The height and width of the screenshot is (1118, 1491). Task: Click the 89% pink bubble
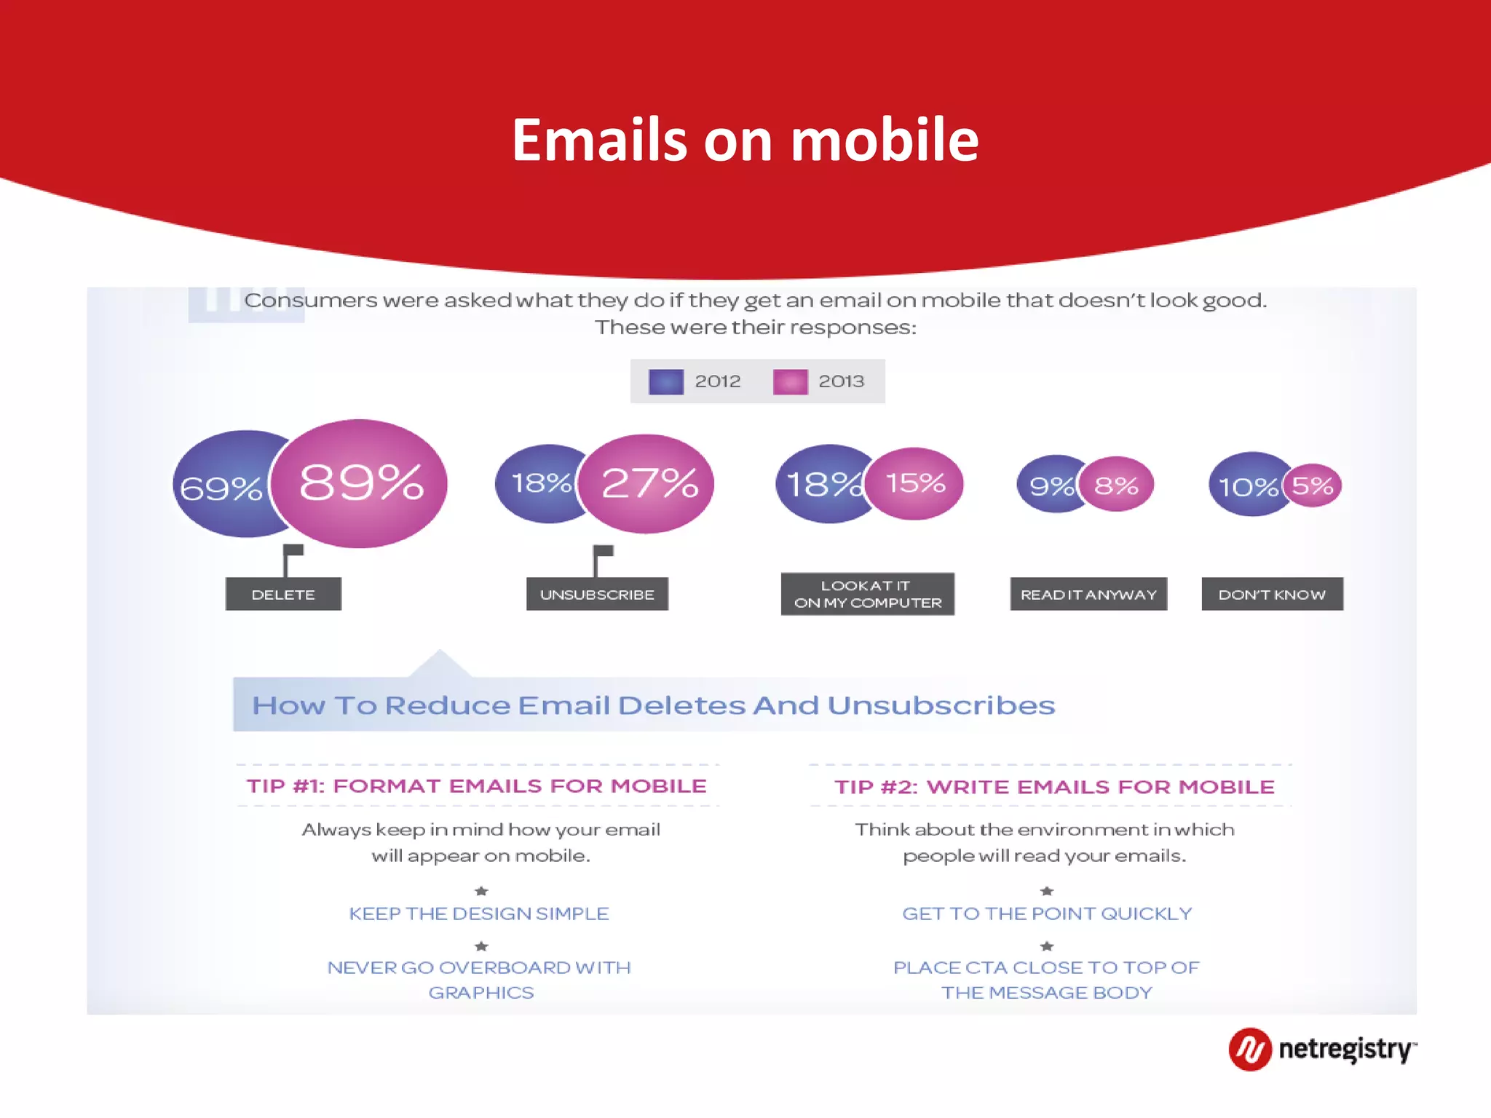(360, 483)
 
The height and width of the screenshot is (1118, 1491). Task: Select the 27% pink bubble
(648, 483)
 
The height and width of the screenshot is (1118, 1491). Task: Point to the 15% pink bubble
(916, 483)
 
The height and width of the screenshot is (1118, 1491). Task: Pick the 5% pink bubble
(1313, 485)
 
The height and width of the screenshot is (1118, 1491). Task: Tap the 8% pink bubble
(1117, 485)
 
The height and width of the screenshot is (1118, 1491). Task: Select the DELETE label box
(283, 594)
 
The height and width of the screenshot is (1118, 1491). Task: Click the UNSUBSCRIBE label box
(597, 594)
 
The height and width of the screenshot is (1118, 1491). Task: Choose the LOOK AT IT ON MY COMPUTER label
(867, 594)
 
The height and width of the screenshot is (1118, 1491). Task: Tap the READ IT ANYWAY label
(1088, 594)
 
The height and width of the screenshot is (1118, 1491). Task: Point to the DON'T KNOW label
(1272, 594)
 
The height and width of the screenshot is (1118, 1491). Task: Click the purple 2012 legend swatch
(666, 381)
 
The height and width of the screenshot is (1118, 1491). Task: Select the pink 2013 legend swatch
(790, 381)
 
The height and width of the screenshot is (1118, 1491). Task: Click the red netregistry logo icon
(1250, 1049)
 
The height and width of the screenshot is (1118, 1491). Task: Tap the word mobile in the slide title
(885, 140)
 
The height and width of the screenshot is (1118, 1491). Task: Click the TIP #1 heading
(477, 786)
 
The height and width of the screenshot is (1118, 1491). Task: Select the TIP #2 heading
(1054, 787)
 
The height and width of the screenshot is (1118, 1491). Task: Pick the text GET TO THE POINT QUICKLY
(1047, 913)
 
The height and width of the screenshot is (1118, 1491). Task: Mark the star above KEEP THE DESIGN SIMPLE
(481, 891)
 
